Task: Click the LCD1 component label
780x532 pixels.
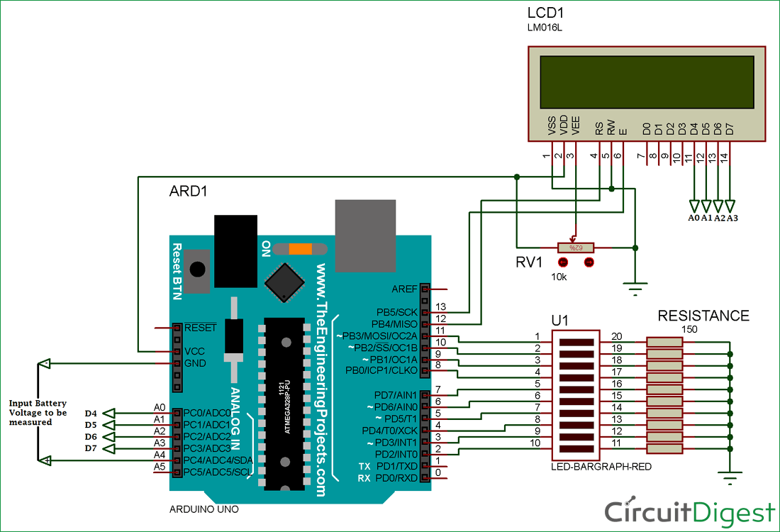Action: (x=546, y=13)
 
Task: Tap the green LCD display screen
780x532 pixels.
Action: (x=646, y=82)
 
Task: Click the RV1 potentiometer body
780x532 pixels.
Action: (x=575, y=248)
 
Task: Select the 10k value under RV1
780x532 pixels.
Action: (x=559, y=276)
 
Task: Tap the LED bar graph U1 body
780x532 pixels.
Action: (x=575, y=394)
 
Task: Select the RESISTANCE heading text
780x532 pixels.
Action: (x=703, y=316)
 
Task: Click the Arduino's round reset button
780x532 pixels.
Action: (x=199, y=270)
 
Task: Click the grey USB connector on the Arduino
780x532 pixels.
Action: (x=364, y=233)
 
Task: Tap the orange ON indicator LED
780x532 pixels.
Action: (x=300, y=249)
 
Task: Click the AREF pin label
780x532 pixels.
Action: (x=404, y=289)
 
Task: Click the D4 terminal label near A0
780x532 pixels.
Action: (x=90, y=414)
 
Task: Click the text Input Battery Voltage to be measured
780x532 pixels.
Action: (x=38, y=412)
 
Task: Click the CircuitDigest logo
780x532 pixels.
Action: (x=689, y=512)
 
